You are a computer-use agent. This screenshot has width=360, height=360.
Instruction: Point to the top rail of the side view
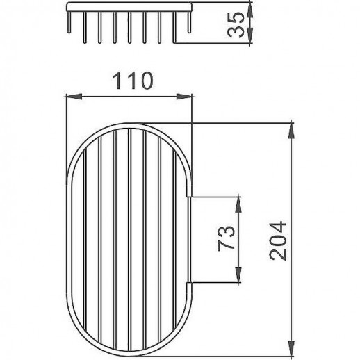pos(129,9)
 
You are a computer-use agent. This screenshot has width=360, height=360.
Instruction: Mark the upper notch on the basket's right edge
pos(191,199)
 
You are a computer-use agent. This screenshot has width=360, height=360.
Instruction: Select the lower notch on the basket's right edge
pos(191,281)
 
